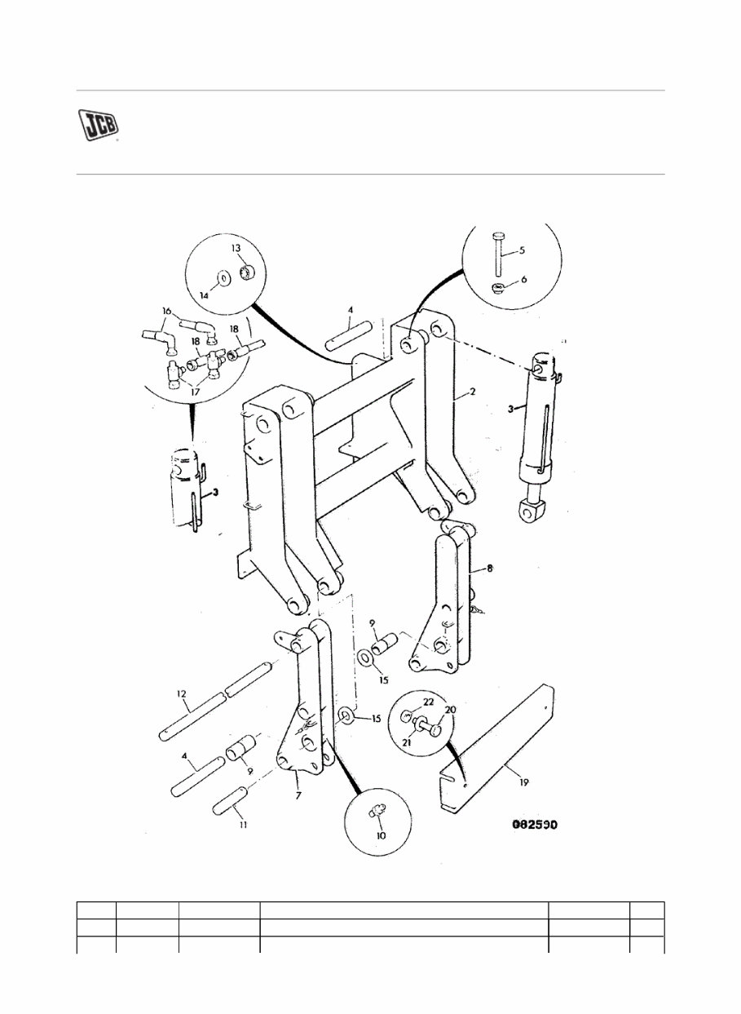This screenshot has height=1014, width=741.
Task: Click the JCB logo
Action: click(99, 125)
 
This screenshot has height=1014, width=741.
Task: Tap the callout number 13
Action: click(235, 247)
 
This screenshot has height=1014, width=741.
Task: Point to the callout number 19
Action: click(523, 782)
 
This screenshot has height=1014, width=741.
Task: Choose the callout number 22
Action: click(429, 702)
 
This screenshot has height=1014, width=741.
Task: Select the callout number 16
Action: click(166, 312)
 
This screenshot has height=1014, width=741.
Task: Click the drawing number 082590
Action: click(533, 824)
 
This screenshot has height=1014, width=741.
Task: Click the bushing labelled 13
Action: click(246, 271)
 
